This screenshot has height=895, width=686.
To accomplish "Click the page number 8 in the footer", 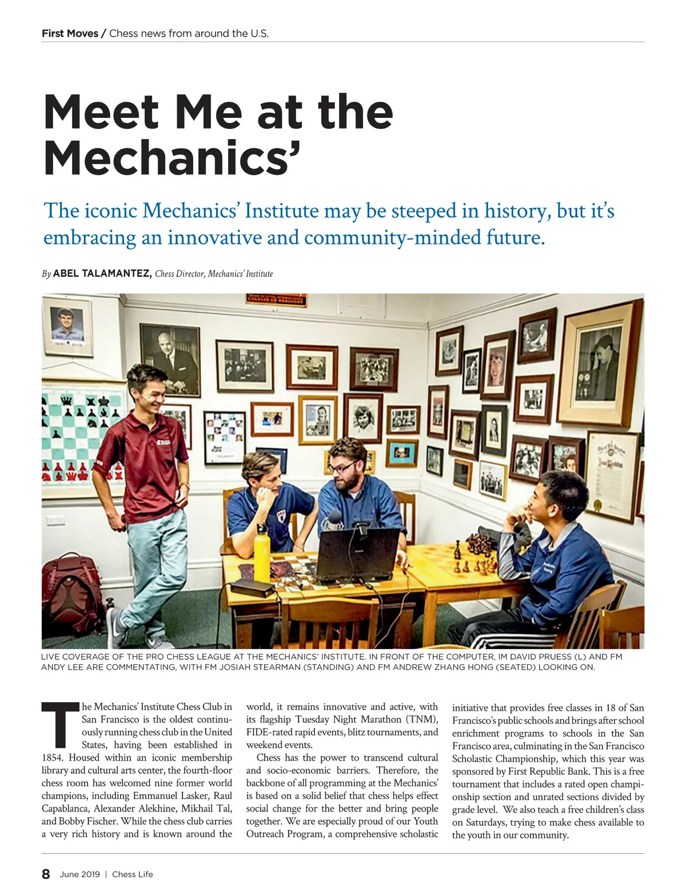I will click(46, 874).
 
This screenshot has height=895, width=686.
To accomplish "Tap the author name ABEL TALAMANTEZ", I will click(102, 274).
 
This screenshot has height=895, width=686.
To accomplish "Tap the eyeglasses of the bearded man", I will click(342, 468).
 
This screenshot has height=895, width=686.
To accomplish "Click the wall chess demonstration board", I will click(80, 435).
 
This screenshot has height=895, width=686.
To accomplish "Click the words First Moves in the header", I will click(70, 33).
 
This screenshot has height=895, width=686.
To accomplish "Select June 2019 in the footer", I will click(79, 874).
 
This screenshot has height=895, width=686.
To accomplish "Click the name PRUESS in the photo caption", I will click(552, 657).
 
